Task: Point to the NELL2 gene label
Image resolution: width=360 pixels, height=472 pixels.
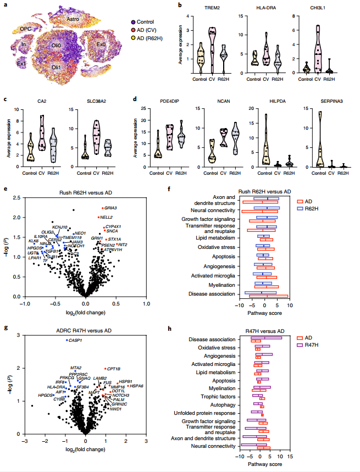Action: point(106,218)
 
